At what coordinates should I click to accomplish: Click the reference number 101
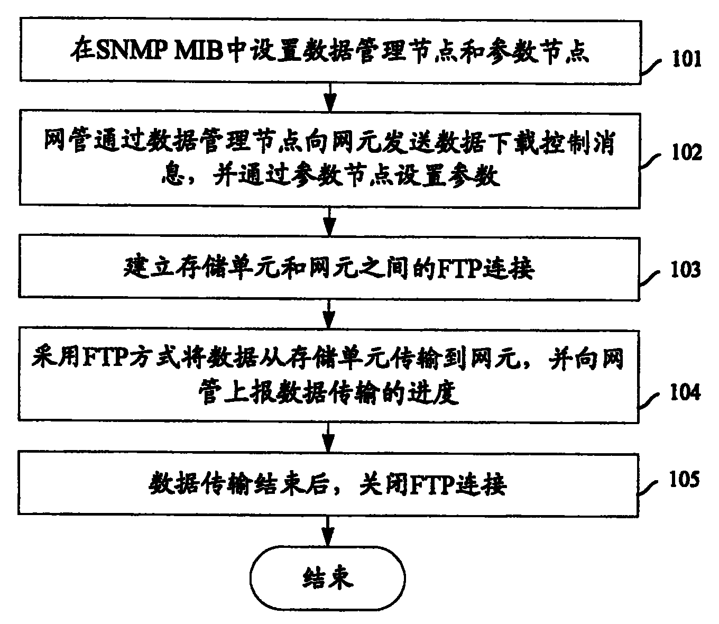tap(686, 59)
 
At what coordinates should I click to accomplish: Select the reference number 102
tap(686, 152)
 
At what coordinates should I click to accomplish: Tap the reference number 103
tap(686, 270)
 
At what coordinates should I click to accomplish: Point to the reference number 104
tap(686, 393)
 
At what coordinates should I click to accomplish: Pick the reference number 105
tap(686, 479)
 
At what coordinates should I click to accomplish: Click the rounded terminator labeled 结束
tap(328, 579)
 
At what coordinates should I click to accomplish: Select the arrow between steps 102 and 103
tap(329, 220)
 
